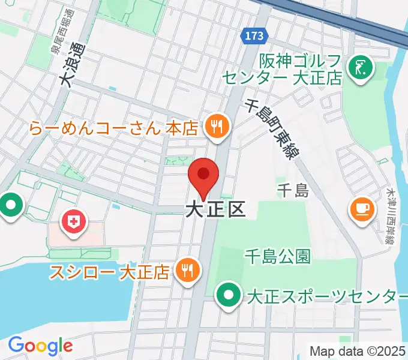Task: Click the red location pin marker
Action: click(x=203, y=175)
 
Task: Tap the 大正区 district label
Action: click(x=215, y=209)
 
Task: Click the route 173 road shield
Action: click(x=254, y=37)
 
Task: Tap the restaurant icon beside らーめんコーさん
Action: click(x=215, y=126)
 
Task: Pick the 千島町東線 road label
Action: click(x=272, y=129)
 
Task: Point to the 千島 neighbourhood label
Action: click(x=293, y=191)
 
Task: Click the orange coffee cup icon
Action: click(x=362, y=208)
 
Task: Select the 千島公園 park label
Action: click(x=277, y=257)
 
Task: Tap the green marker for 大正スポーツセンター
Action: click(x=229, y=296)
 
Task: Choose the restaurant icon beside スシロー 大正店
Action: click(x=187, y=271)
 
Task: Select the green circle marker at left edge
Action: click(x=10, y=207)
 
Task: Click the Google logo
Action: click(x=40, y=346)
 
